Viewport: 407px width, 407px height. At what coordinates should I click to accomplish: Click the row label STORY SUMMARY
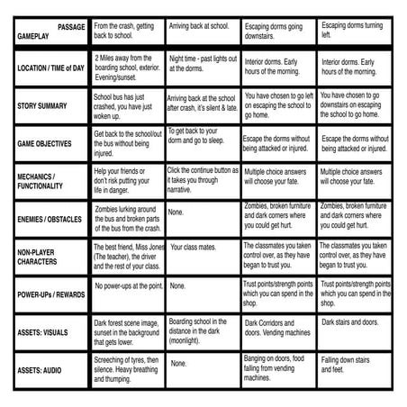pyautogui.click(x=42, y=104)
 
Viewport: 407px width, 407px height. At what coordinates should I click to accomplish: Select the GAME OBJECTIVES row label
pyautogui.click(x=45, y=143)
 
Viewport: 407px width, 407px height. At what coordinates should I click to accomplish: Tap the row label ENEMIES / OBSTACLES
pyautogui.click(x=50, y=218)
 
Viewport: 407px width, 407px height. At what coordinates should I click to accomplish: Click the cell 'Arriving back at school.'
pyautogui.click(x=202, y=28)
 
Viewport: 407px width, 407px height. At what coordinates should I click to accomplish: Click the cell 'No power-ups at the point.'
pyautogui.click(x=126, y=285)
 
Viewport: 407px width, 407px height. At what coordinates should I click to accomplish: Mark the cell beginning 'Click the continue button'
pyautogui.click(x=202, y=180)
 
